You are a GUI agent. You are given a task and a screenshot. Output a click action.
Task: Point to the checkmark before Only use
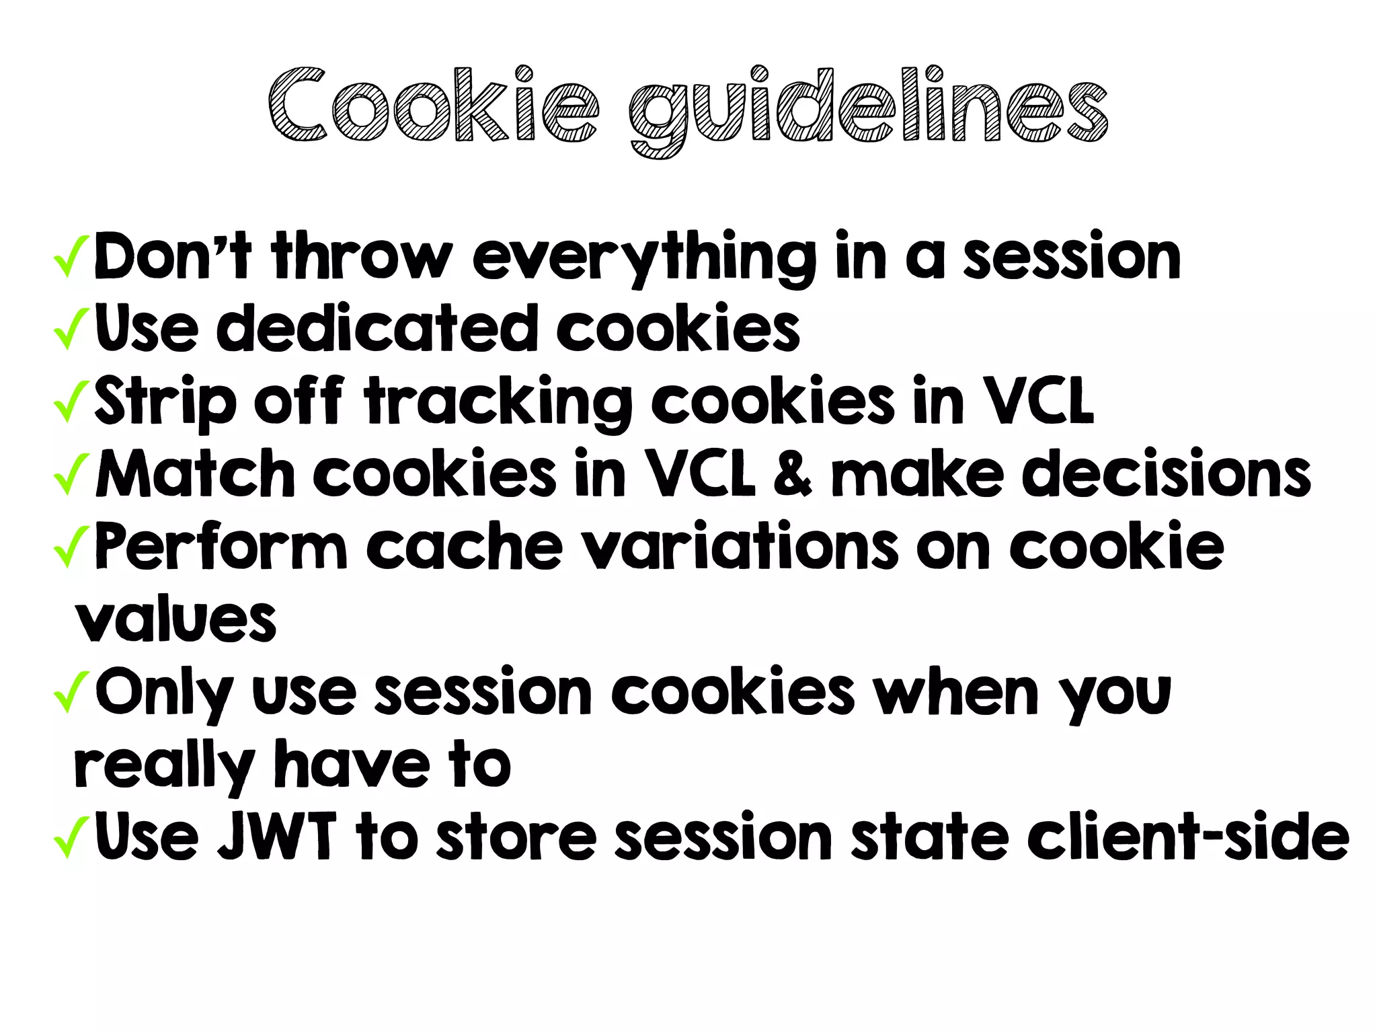point(71,692)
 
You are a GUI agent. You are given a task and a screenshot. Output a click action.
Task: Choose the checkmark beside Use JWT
point(71,837)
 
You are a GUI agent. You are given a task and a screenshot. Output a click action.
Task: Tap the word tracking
point(498,402)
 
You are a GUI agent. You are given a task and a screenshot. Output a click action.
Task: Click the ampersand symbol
point(793,473)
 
